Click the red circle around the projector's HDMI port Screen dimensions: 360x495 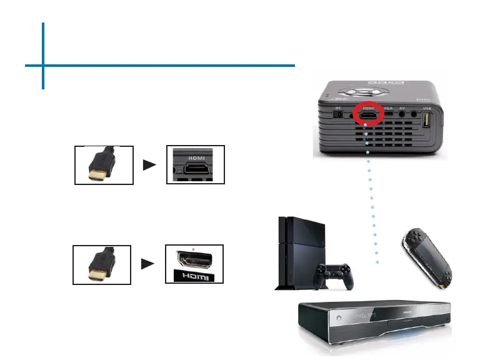pos(369,114)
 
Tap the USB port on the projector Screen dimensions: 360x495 pos(427,120)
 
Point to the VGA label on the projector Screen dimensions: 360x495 pos(388,108)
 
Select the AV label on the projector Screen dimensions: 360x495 pos(403,108)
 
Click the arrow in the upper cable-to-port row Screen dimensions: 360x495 pos(150,165)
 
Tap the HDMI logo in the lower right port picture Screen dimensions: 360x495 pos(194,275)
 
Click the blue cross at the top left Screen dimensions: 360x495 pos(44,64)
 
